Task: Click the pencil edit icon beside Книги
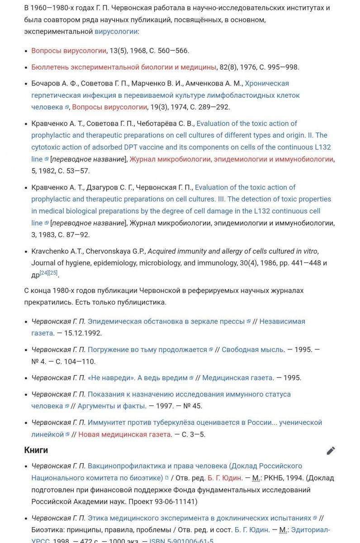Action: point(331,451)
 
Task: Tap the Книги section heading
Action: point(36,450)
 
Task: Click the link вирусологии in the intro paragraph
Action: point(116,31)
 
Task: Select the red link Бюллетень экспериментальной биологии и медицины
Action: point(123,67)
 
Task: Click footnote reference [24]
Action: point(44,272)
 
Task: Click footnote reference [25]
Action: point(53,272)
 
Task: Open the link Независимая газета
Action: point(282,321)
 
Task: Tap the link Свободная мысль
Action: point(253,350)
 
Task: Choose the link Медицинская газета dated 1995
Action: point(237,378)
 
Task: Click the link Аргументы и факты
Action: point(111,406)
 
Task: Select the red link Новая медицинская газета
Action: point(125,434)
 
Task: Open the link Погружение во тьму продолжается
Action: point(147,350)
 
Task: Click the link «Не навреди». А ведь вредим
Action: point(137,378)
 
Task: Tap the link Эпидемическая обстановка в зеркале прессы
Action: point(166,321)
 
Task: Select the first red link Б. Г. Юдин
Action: point(224,478)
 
